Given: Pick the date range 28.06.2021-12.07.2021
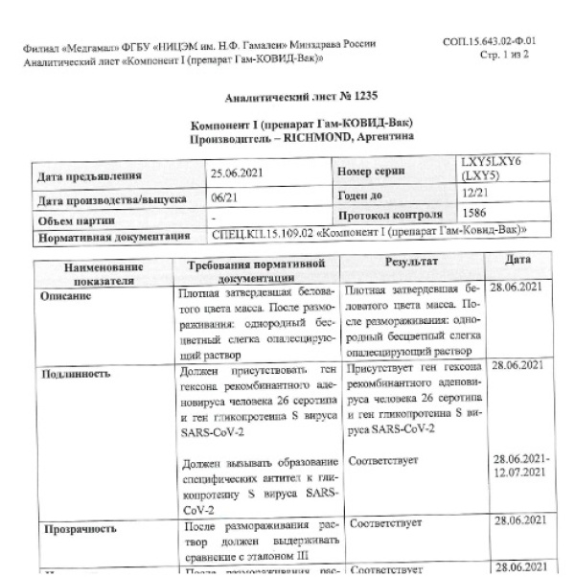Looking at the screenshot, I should [520, 467].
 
